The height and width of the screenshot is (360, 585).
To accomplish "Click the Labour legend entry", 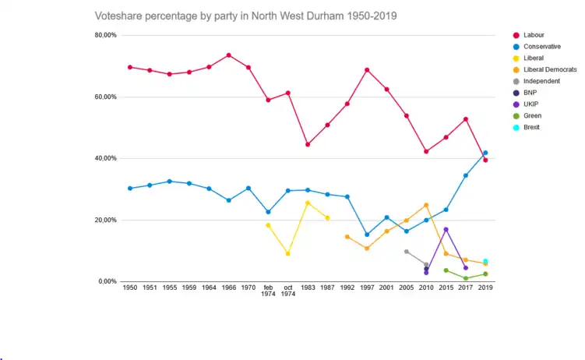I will [x=534, y=34].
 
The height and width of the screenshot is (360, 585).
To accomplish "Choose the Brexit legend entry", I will [x=532, y=127].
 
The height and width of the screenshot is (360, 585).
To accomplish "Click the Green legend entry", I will [x=533, y=115].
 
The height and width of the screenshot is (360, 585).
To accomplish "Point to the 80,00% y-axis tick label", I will [x=105, y=35].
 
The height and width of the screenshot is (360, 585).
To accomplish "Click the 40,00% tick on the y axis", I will [x=105, y=158].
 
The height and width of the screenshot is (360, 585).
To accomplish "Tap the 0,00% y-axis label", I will [x=107, y=281].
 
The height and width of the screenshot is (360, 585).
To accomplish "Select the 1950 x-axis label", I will [x=129, y=288].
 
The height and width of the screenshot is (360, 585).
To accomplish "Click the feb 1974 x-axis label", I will [x=268, y=291].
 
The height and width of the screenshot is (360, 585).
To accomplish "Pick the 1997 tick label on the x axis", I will [x=367, y=288].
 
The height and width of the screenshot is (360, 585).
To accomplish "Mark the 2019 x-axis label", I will [x=485, y=288].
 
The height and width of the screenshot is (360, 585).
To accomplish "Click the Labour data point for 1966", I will [x=228, y=55].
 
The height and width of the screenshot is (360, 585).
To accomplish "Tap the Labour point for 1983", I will [x=308, y=144].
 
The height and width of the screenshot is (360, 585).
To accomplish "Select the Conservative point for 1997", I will [x=367, y=235].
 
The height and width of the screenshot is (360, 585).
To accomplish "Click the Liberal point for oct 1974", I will [x=288, y=253].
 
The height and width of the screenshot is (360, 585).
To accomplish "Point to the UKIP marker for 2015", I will [x=446, y=229].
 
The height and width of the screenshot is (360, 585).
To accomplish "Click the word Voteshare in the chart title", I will [x=119, y=16].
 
